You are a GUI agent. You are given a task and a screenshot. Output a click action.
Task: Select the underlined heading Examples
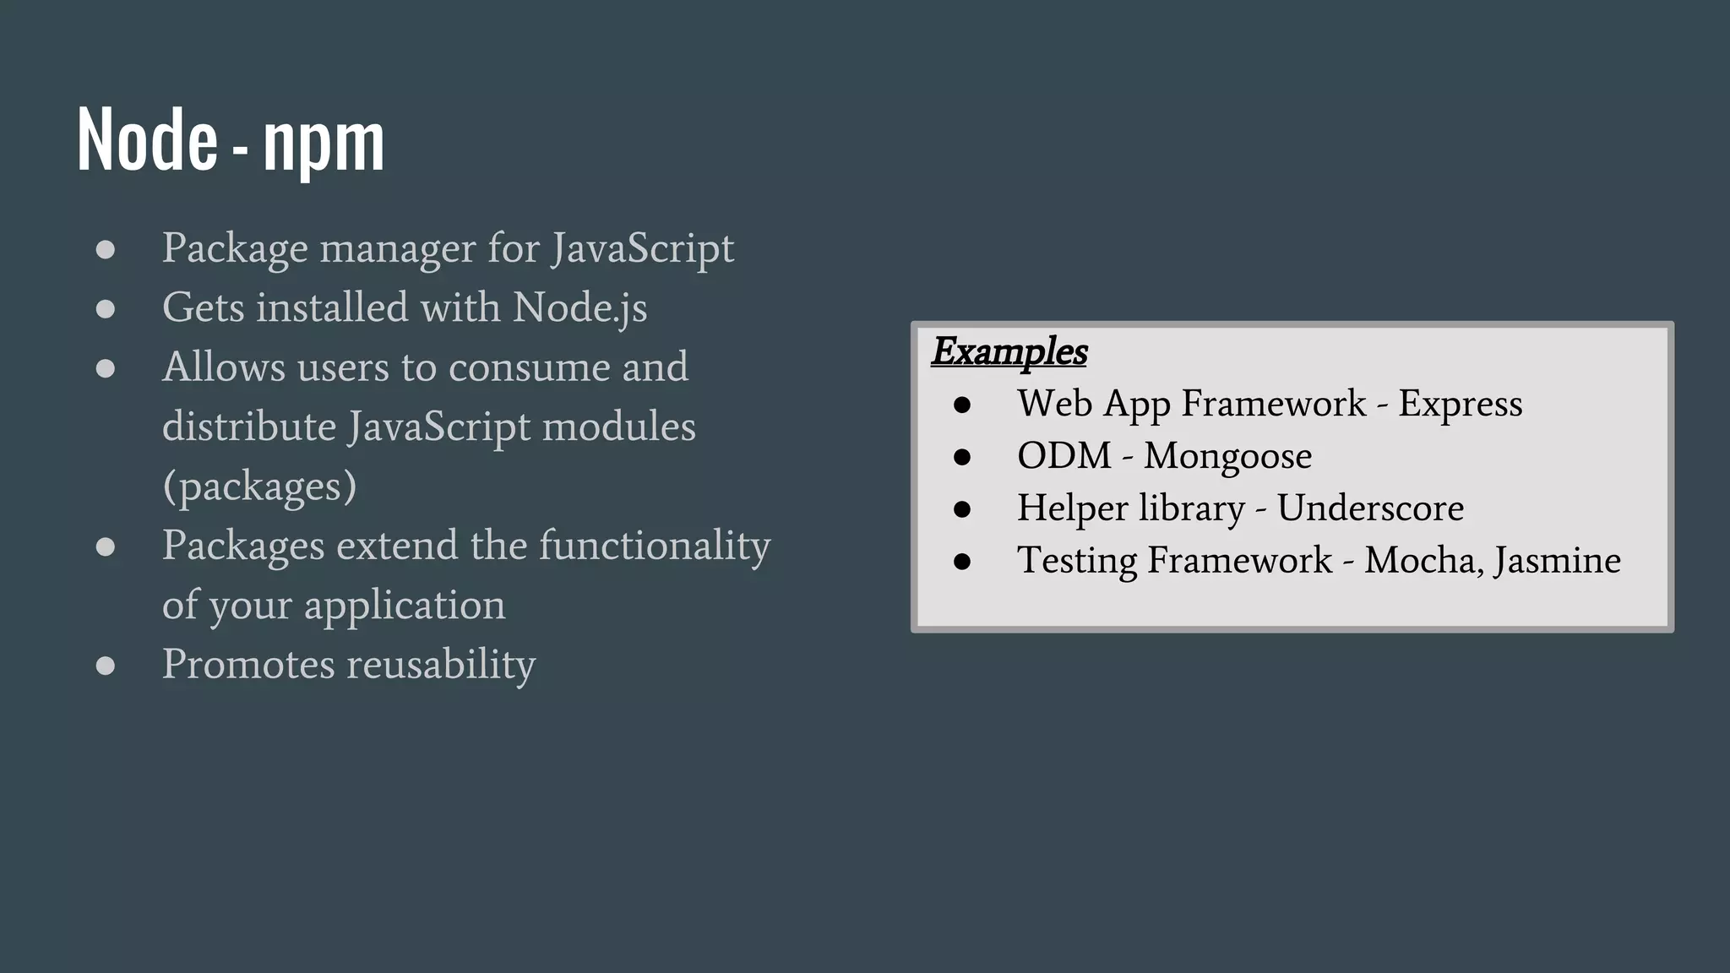coord(1009,351)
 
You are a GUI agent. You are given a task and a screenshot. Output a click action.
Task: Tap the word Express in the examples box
coord(1460,404)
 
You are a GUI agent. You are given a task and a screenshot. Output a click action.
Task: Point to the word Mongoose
coord(1227,456)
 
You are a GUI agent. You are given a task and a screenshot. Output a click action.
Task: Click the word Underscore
coord(1370,508)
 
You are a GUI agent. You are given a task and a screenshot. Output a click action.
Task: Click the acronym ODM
coord(1064,456)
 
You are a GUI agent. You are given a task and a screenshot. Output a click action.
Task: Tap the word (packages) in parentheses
coord(259,486)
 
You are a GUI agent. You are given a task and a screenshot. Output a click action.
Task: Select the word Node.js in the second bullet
coord(580,307)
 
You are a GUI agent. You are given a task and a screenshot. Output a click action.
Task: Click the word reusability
coord(442,665)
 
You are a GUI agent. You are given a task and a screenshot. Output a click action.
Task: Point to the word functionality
coord(655,546)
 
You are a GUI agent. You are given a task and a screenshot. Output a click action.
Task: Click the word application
coord(405,606)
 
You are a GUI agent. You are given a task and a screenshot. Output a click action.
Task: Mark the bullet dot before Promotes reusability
coord(106,666)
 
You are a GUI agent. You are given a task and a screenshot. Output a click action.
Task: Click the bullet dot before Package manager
coord(106,249)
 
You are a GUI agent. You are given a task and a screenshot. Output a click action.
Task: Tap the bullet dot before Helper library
coord(961,509)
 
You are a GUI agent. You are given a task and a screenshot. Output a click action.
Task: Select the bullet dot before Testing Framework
coord(961,562)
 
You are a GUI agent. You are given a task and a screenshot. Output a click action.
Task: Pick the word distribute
coord(249,427)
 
